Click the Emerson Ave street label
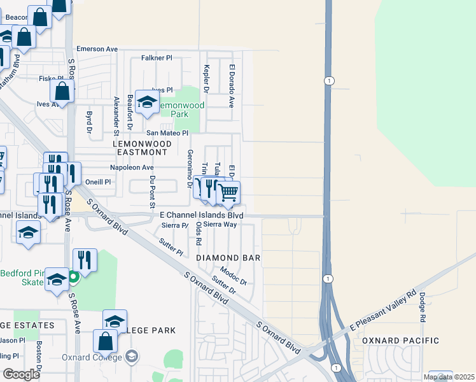coord(97,48)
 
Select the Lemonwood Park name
coord(182,110)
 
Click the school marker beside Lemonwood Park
coord(147,103)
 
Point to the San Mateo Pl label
coord(167,133)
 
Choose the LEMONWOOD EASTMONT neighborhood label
coord(142,148)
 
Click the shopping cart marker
coord(228,192)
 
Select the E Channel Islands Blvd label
coord(201,215)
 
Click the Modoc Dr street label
coord(233,276)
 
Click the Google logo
coord(22,374)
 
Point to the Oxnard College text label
coord(91,357)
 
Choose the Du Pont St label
coord(152,192)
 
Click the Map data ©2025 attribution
coord(449,378)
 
